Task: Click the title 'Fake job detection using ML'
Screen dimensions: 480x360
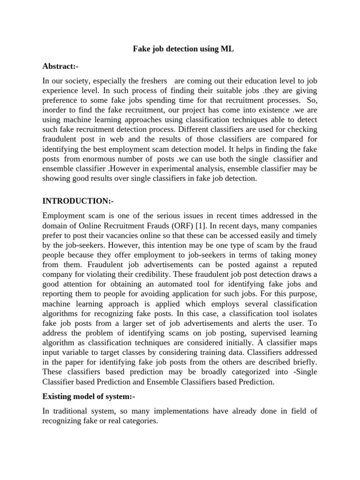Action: (x=180, y=49)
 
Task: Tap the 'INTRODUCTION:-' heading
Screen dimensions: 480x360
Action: (x=78, y=201)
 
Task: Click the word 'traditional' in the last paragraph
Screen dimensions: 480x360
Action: (x=70, y=411)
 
